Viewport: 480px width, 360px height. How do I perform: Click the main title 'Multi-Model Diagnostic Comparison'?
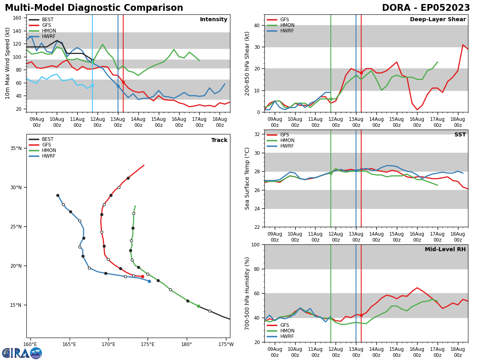pyautogui.click(x=94, y=8)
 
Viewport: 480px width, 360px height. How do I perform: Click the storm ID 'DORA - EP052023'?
pyautogui.click(x=426, y=8)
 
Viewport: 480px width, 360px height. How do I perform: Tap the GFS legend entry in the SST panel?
pyautogui.click(x=284, y=135)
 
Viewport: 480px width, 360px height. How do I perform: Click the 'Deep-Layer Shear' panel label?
pyautogui.click(x=438, y=20)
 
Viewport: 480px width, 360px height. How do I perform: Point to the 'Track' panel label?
pyautogui.click(x=219, y=140)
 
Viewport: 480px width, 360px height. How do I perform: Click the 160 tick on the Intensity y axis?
pyautogui.click(x=18, y=18)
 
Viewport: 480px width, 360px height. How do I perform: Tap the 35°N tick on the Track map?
pyautogui.click(x=16, y=148)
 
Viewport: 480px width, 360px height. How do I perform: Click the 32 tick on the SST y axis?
pyautogui.click(x=258, y=134)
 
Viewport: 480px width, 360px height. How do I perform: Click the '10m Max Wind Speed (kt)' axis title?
pyautogui.click(x=8, y=63)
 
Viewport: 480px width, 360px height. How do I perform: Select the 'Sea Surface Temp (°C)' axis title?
pyautogui.click(x=248, y=178)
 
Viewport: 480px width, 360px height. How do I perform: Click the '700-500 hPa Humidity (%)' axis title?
pyautogui.click(x=248, y=293)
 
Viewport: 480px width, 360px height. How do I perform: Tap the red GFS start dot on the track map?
pyautogui.click(x=142, y=276)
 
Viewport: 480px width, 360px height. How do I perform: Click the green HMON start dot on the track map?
pyautogui.click(x=198, y=306)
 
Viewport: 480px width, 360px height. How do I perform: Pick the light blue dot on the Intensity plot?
pyautogui.click(x=92, y=85)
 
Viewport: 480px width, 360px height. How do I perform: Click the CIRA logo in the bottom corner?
pyautogui.click(x=22, y=353)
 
